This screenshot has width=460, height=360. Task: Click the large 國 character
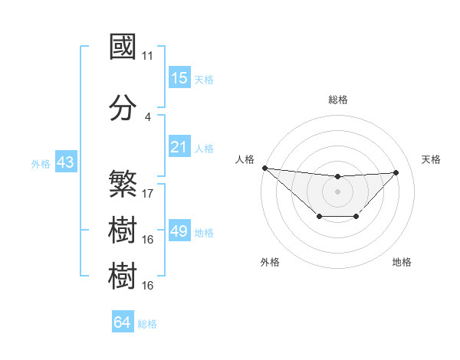123,47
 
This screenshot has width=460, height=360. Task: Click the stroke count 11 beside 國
148,56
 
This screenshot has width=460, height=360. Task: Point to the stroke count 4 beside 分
147,117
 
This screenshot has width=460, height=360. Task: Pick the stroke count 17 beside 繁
148,194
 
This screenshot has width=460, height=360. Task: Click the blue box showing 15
179,78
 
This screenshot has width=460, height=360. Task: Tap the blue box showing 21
179,146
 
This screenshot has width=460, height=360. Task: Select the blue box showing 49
179,231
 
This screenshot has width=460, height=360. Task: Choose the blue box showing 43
65,162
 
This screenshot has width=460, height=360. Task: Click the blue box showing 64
122,322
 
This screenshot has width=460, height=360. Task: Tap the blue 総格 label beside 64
147,324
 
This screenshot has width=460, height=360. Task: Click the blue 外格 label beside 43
41,163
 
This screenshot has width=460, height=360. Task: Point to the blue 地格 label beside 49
204,233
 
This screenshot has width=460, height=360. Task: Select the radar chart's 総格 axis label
337,100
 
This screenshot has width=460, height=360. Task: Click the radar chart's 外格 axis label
270,262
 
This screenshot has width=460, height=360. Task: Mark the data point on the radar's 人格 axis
264,168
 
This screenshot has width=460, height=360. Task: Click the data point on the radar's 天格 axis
396,172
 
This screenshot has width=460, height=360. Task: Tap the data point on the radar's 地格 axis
356,218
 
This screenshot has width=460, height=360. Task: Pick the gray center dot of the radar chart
337,191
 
